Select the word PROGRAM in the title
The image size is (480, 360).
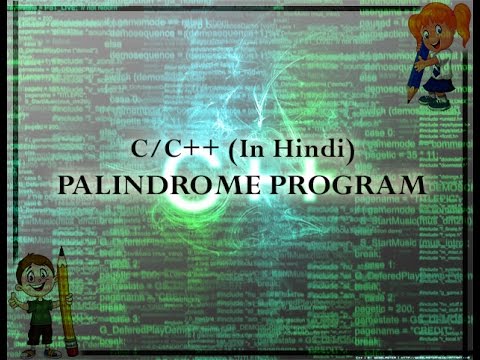[347, 186]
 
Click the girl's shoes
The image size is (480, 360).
[434, 101]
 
